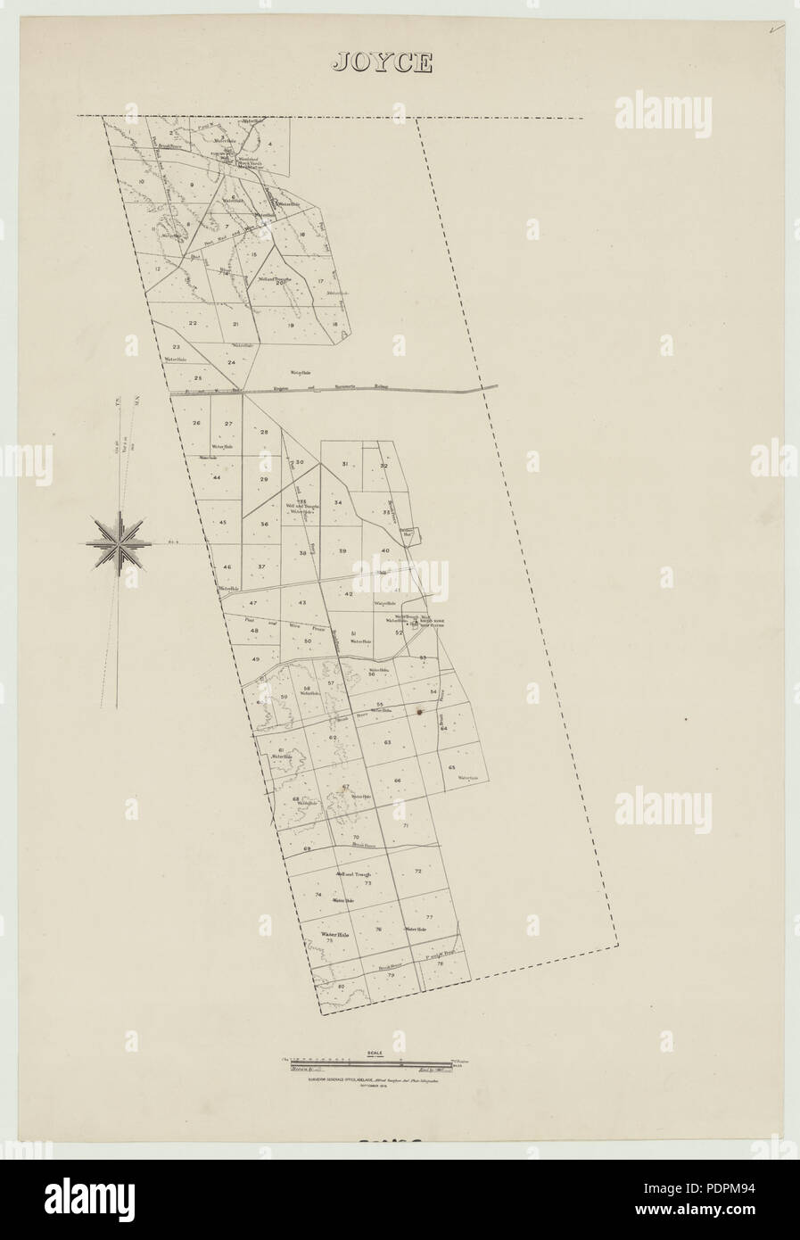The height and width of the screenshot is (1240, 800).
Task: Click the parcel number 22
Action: coord(193,323)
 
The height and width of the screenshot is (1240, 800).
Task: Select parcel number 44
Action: coord(216,478)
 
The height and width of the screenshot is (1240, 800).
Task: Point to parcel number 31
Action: coord(344,465)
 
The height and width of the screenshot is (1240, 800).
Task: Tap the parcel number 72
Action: coord(417,870)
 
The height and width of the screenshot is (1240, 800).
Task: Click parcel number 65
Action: coord(452,767)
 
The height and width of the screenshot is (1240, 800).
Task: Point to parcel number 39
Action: coord(342,552)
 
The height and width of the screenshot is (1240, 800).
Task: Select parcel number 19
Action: coord(291,326)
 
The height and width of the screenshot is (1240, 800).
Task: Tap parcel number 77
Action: coord(429,917)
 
